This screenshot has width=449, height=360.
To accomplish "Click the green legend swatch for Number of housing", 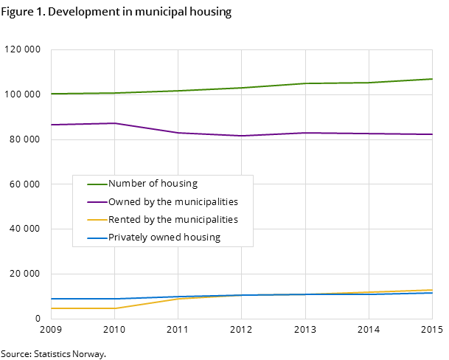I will [x=97, y=184].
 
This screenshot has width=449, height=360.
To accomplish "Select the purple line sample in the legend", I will [x=97, y=202].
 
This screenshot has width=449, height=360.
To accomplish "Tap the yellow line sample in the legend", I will [x=97, y=220].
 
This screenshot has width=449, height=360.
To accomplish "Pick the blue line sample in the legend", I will [x=97, y=238].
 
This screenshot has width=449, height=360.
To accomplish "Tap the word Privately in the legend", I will [x=127, y=238].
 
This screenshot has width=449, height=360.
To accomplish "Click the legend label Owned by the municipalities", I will [x=173, y=202].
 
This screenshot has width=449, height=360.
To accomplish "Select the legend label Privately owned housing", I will [x=164, y=238].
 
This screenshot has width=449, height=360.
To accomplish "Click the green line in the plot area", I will [x=242, y=88].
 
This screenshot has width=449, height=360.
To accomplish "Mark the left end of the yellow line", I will [x=51, y=308].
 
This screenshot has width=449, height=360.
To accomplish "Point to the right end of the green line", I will [x=432, y=79].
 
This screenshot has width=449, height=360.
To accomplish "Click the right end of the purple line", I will [x=432, y=134].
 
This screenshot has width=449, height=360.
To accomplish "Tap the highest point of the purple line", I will [x=114, y=123].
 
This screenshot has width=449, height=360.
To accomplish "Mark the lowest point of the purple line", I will [x=242, y=136].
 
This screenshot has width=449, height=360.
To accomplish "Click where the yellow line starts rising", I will [x=114, y=308].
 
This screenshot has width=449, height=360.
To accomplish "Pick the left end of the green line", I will [x=51, y=94].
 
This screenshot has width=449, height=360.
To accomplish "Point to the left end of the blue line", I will [x=51, y=299].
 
